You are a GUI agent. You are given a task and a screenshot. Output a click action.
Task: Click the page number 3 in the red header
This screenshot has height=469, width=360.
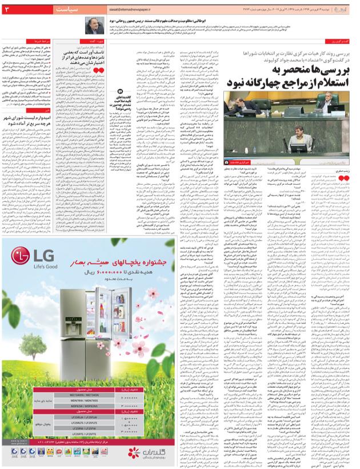tap(14, 10)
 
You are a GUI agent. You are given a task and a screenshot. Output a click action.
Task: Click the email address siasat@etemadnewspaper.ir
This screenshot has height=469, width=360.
tap(133, 10)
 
